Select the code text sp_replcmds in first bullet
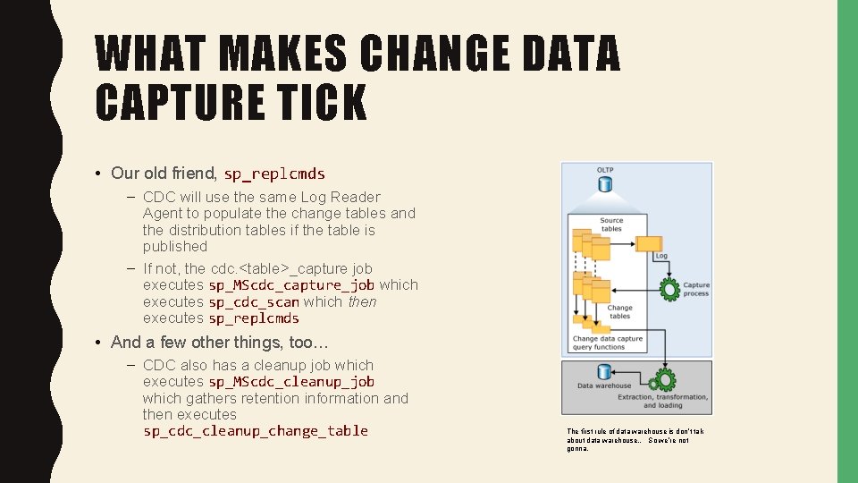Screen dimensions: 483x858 point(274,174)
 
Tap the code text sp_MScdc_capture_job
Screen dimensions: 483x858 point(291,285)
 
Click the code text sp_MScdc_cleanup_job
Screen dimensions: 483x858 point(291,382)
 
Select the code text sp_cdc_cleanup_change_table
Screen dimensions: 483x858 point(256,431)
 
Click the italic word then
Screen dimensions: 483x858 point(362,301)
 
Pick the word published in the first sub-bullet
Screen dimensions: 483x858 point(174,246)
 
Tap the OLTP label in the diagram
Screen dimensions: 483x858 point(605,170)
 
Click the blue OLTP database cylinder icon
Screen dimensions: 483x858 point(605,185)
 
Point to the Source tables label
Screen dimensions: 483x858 point(611,225)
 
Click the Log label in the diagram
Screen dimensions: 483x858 point(660,256)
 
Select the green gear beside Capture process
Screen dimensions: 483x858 point(669,289)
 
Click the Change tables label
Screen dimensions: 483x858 point(619,311)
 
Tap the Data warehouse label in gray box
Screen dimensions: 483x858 point(604,386)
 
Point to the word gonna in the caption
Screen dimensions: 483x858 point(576,448)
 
